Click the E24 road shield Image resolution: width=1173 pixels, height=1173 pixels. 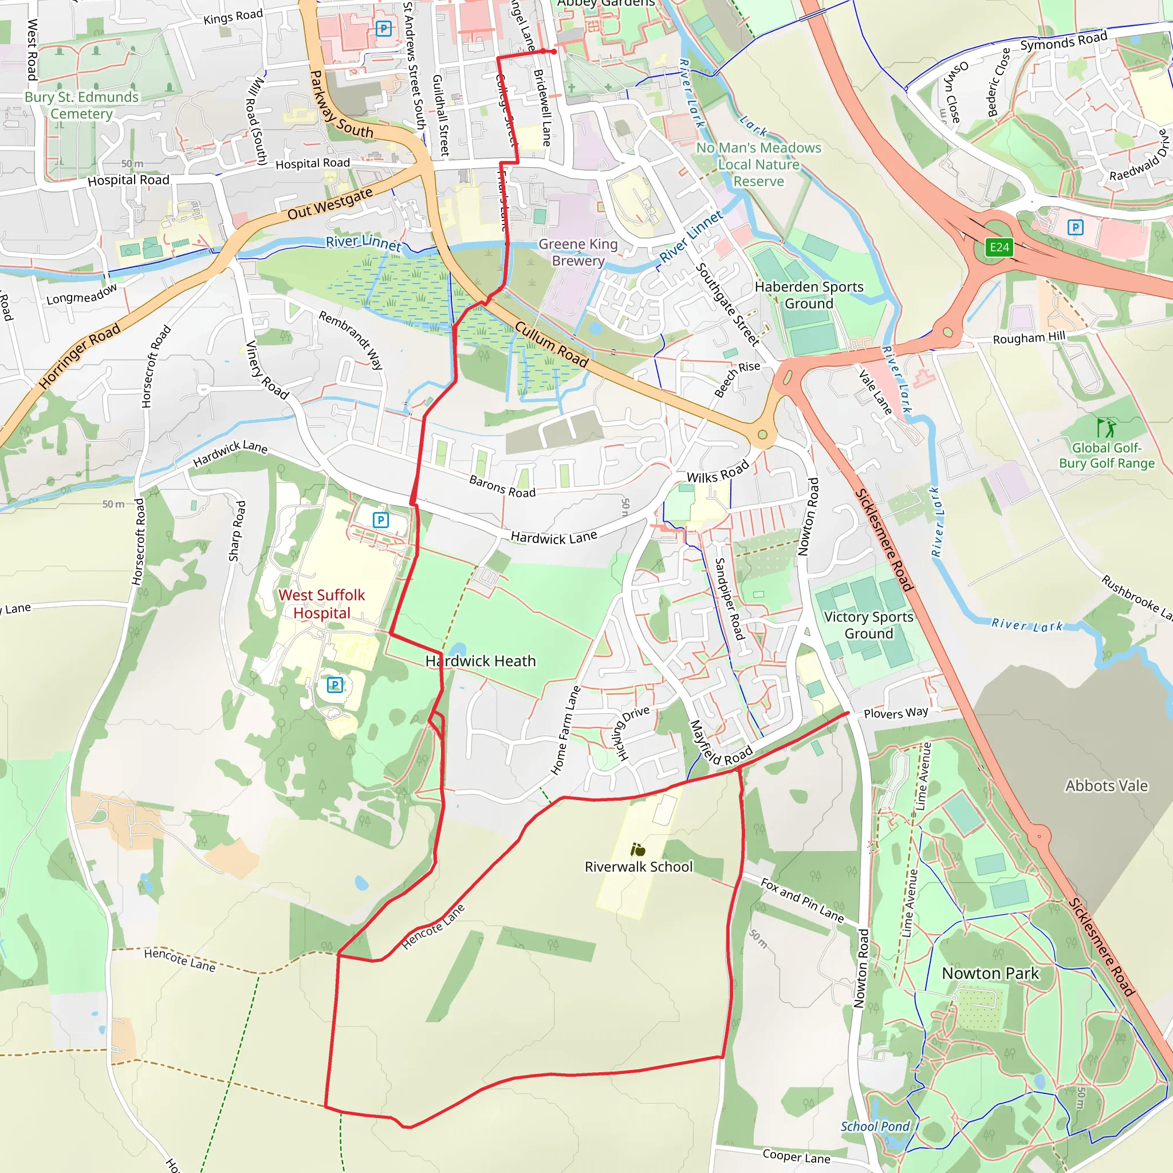999,247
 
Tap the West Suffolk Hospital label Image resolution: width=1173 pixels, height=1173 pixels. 322,604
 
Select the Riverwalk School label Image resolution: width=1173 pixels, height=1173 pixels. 638,867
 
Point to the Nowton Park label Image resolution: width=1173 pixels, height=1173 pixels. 990,973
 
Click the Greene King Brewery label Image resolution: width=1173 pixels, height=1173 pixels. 578,252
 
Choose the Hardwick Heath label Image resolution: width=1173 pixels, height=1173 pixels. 480,660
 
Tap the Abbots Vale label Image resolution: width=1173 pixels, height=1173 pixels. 1106,786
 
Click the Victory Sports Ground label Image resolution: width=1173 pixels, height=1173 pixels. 868,625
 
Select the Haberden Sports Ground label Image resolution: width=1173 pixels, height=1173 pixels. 809,294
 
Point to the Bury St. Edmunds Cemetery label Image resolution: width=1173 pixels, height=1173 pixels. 81,105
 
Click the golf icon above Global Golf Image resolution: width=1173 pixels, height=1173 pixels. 1105,427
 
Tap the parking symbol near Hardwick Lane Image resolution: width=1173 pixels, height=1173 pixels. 381,519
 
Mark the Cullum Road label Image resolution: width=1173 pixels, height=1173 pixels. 552,344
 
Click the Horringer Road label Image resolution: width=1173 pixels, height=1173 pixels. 80,356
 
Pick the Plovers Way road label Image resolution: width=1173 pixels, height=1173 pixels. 896,713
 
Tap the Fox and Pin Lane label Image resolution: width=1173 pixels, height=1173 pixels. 802,900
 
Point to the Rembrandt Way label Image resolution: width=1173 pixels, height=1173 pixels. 351,340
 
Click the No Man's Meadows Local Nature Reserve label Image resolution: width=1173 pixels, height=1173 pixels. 758,164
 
